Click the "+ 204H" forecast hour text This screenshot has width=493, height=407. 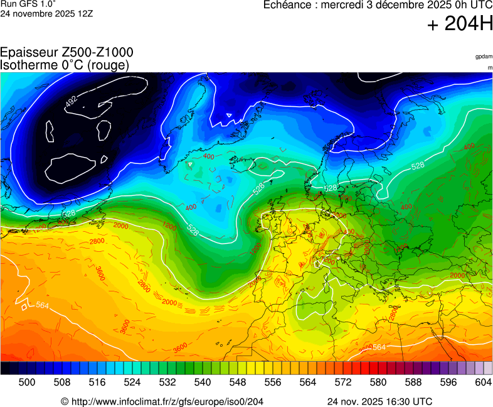point(460,24)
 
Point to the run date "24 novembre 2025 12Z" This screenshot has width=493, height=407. point(47,13)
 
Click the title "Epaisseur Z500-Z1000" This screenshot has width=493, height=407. point(66,53)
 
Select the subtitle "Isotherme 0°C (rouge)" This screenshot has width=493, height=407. point(65,65)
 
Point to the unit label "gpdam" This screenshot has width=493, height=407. point(484,57)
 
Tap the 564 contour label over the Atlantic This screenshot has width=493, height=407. point(43,305)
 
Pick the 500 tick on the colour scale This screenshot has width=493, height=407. point(27,382)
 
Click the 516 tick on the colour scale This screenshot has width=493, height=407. point(97,382)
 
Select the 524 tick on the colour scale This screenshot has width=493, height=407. point(132,382)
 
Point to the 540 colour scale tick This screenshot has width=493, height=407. point(203,382)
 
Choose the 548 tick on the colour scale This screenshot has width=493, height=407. point(238,382)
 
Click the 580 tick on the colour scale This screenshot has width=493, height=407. point(378,382)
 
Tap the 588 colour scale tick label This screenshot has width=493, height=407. point(413,382)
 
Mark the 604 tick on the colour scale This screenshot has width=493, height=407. point(483,382)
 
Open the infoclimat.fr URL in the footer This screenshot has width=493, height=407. point(162,401)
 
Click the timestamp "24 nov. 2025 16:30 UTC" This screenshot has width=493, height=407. point(379,401)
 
